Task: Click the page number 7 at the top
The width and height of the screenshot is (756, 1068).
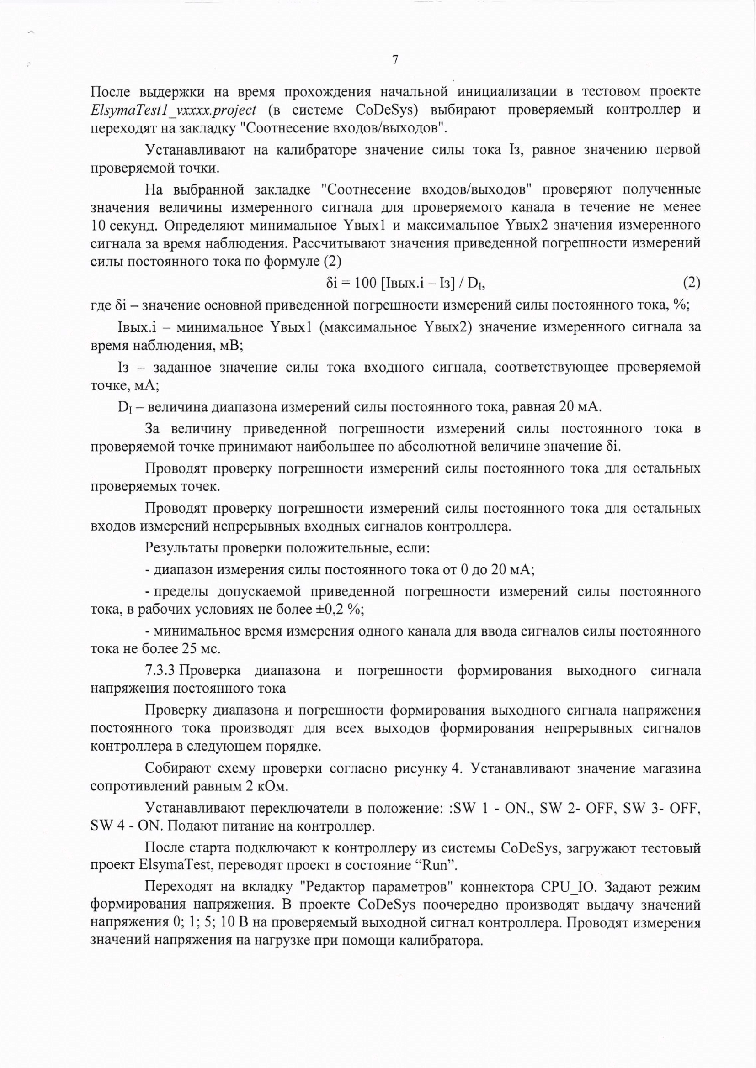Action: (395, 60)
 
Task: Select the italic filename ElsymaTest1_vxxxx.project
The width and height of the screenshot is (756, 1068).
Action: (173, 110)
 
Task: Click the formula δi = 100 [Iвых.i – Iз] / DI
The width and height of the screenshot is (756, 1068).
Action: (405, 283)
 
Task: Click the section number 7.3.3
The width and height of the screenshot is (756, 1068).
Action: (160, 671)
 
